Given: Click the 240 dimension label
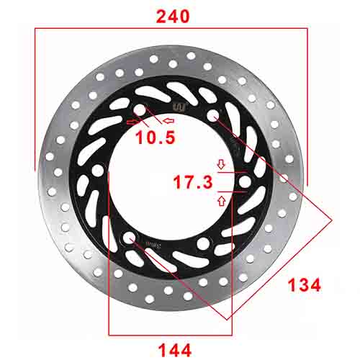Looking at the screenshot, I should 172,14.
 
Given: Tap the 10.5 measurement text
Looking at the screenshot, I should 155,136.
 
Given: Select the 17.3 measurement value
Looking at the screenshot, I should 192,183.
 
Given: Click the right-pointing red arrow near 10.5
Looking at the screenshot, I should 132,122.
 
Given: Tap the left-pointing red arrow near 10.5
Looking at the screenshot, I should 169,120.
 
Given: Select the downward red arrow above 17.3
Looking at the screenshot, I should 220,163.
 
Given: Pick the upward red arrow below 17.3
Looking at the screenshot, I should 220,202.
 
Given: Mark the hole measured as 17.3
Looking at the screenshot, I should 243,183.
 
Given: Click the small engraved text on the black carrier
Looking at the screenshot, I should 152,246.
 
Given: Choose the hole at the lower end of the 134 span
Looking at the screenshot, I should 130,238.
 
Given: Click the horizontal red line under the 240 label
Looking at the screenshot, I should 171,30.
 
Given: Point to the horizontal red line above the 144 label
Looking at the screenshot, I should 171,335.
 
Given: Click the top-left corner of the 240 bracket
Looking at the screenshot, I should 35,30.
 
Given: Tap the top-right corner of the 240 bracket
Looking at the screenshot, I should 308,30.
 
